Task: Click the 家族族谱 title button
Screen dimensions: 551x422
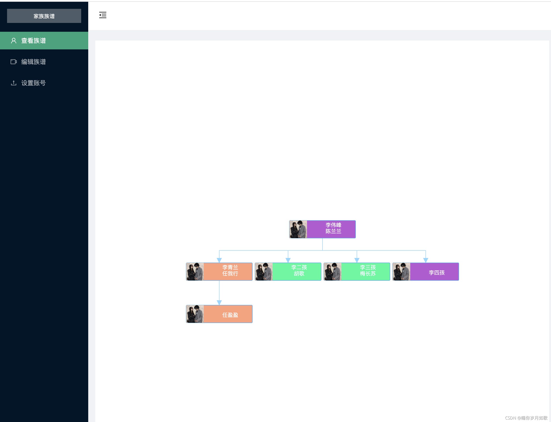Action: pos(44,16)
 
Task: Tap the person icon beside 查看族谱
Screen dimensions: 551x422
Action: pos(14,41)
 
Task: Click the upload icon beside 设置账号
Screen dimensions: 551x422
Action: pos(14,83)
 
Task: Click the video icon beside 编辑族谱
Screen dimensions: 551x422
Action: pos(14,62)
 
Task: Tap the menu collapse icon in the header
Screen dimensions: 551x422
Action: pos(103,15)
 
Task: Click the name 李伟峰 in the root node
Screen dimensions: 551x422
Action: pos(334,225)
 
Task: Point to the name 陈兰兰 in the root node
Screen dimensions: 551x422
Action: pos(334,231)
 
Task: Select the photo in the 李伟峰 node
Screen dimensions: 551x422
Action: pos(298,229)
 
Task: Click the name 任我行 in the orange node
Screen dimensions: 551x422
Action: pos(230,274)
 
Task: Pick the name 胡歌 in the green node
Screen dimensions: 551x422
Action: pos(299,274)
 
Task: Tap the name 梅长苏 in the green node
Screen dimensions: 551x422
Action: pos(368,274)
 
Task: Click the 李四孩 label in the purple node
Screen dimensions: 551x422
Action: pos(437,273)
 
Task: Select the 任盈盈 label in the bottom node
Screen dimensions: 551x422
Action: pos(230,315)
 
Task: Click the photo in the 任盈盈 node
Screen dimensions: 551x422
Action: pos(195,314)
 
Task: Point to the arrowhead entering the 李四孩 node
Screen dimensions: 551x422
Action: pos(426,260)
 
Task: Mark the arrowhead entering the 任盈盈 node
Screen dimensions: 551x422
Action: pos(219,303)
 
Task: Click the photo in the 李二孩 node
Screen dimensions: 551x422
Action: pos(264,272)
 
